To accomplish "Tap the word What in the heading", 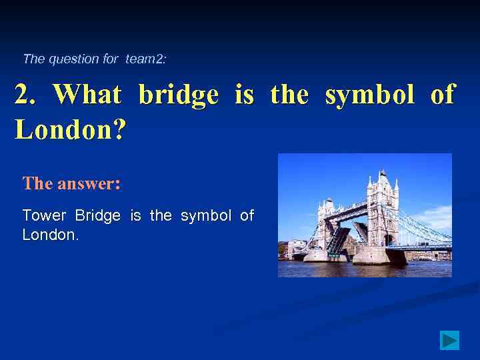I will tap(87, 95).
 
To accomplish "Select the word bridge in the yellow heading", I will tap(178, 95).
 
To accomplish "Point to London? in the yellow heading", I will tap(70, 129).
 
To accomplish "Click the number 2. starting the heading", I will tap(26, 95).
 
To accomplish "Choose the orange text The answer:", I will tap(71, 183).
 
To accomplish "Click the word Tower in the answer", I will tap(44, 215).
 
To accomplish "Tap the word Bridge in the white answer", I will tap(98, 215).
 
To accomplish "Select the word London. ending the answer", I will tap(51, 235).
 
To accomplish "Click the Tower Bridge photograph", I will tap(365, 215).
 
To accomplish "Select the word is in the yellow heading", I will tap(244, 95).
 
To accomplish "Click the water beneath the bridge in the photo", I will tap(365, 269).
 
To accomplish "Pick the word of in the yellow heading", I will tap(443, 95).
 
